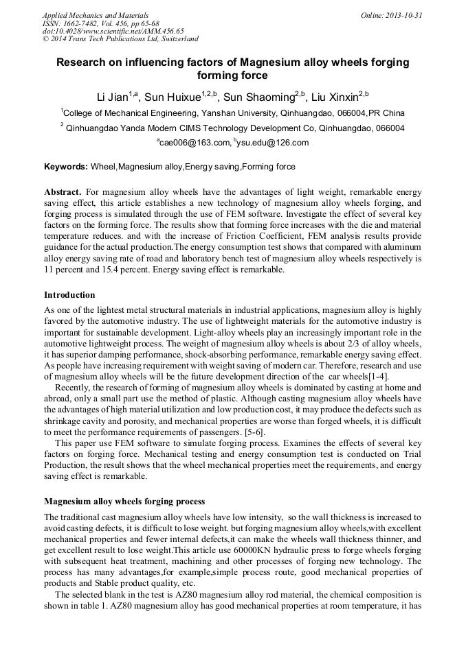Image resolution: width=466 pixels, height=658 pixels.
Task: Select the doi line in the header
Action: tap(113, 31)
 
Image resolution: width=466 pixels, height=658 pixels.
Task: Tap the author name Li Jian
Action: tap(113, 95)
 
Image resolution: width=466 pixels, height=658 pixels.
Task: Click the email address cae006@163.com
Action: tap(193, 143)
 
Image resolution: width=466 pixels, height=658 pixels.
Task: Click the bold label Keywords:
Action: tap(66, 167)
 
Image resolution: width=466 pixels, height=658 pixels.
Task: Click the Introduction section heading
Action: tap(69, 295)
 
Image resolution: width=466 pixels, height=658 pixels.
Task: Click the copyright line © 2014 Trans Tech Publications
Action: tap(120, 39)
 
